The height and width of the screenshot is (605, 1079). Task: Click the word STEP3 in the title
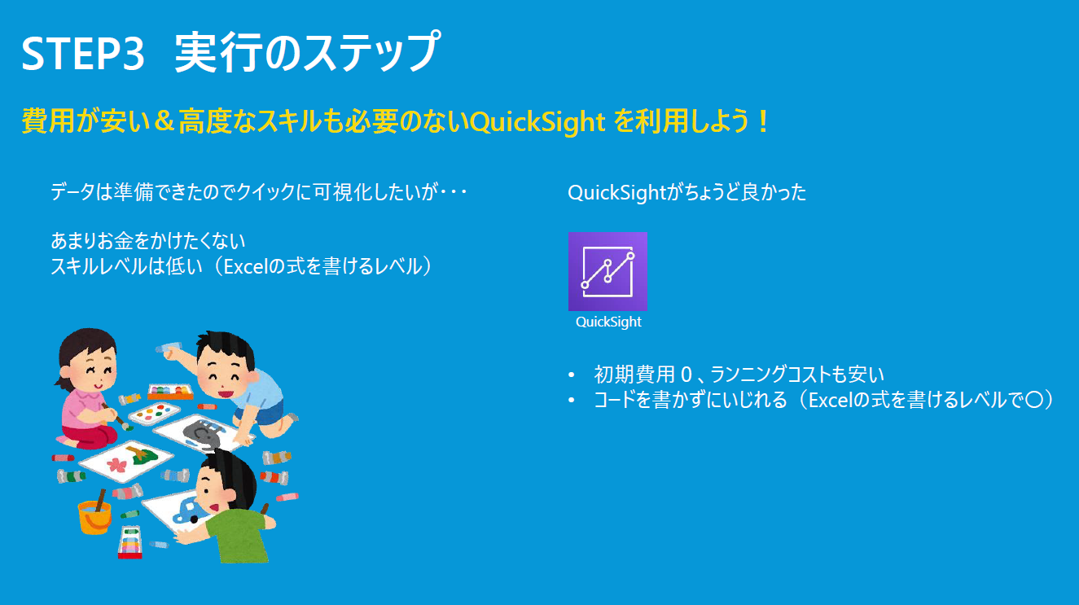[x=83, y=54]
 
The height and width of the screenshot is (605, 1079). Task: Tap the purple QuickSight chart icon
[x=607, y=271]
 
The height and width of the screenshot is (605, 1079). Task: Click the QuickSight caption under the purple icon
[x=608, y=322]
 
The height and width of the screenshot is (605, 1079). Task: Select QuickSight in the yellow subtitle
[x=537, y=122]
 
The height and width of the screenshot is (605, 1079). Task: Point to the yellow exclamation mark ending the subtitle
[x=762, y=121]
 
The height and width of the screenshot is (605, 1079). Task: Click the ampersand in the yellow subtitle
[x=164, y=121]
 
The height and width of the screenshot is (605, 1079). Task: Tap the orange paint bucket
[x=94, y=516]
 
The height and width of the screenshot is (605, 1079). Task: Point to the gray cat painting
[x=202, y=433]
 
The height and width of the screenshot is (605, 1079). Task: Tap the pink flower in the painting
[x=116, y=464]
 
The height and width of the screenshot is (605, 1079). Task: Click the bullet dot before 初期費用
[x=572, y=375]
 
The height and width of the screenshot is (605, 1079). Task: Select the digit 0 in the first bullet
[x=686, y=375]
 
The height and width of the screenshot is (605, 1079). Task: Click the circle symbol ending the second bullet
[x=1033, y=400]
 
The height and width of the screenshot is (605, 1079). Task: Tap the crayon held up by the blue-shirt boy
[x=169, y=347]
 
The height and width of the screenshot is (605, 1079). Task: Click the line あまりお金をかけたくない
[x=148, y=241]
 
